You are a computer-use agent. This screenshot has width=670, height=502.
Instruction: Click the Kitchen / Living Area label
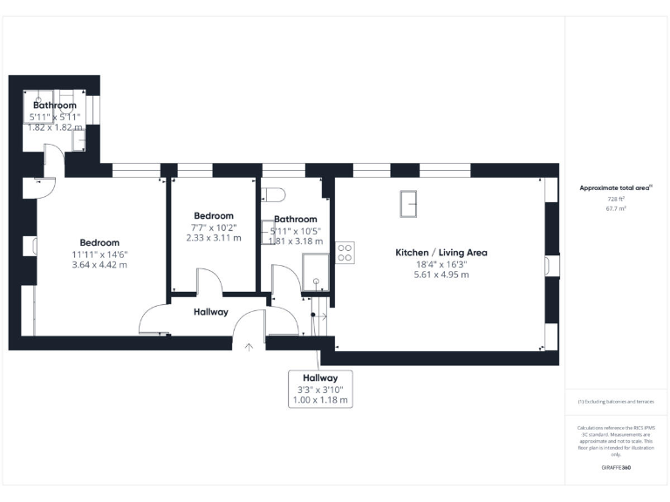[441, 252]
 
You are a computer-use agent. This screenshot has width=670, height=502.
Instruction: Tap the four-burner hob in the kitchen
[345, 252]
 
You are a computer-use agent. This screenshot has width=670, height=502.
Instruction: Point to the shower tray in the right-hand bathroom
[314, 270]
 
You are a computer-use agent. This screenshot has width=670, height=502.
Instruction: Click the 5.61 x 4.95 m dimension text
[441, 275]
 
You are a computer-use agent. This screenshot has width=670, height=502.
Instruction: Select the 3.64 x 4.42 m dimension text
[99, 264]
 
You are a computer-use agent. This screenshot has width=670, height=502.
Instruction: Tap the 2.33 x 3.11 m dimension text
[214, 238]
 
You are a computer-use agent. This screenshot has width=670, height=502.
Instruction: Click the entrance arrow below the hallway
[250, 347]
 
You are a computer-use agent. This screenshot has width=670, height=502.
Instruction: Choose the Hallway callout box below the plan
[320, 388]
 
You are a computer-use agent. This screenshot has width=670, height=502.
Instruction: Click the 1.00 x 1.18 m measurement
[320, 400]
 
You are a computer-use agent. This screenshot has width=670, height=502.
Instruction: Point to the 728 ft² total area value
[616, 199]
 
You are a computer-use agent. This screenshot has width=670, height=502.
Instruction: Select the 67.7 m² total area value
[616, 209]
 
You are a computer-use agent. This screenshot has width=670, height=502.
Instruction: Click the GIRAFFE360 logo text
[616, 468]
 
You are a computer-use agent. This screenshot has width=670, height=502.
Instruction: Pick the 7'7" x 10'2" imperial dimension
[214, 227]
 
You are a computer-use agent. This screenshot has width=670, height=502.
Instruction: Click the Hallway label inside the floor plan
[211, 311]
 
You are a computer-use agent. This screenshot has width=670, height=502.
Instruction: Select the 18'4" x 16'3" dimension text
[441, 263]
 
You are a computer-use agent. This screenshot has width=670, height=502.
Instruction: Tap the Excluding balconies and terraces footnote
[616, 402]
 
